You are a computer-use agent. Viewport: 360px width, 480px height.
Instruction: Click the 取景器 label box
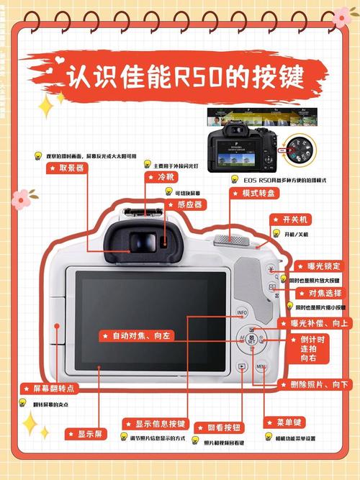click(x=67, y=168)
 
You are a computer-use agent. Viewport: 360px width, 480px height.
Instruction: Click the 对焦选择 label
click(x=315, y=293)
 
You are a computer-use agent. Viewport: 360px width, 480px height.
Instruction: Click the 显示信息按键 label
click(x=155, y=424)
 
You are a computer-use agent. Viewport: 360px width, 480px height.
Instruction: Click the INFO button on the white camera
click(x=241, y=312)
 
